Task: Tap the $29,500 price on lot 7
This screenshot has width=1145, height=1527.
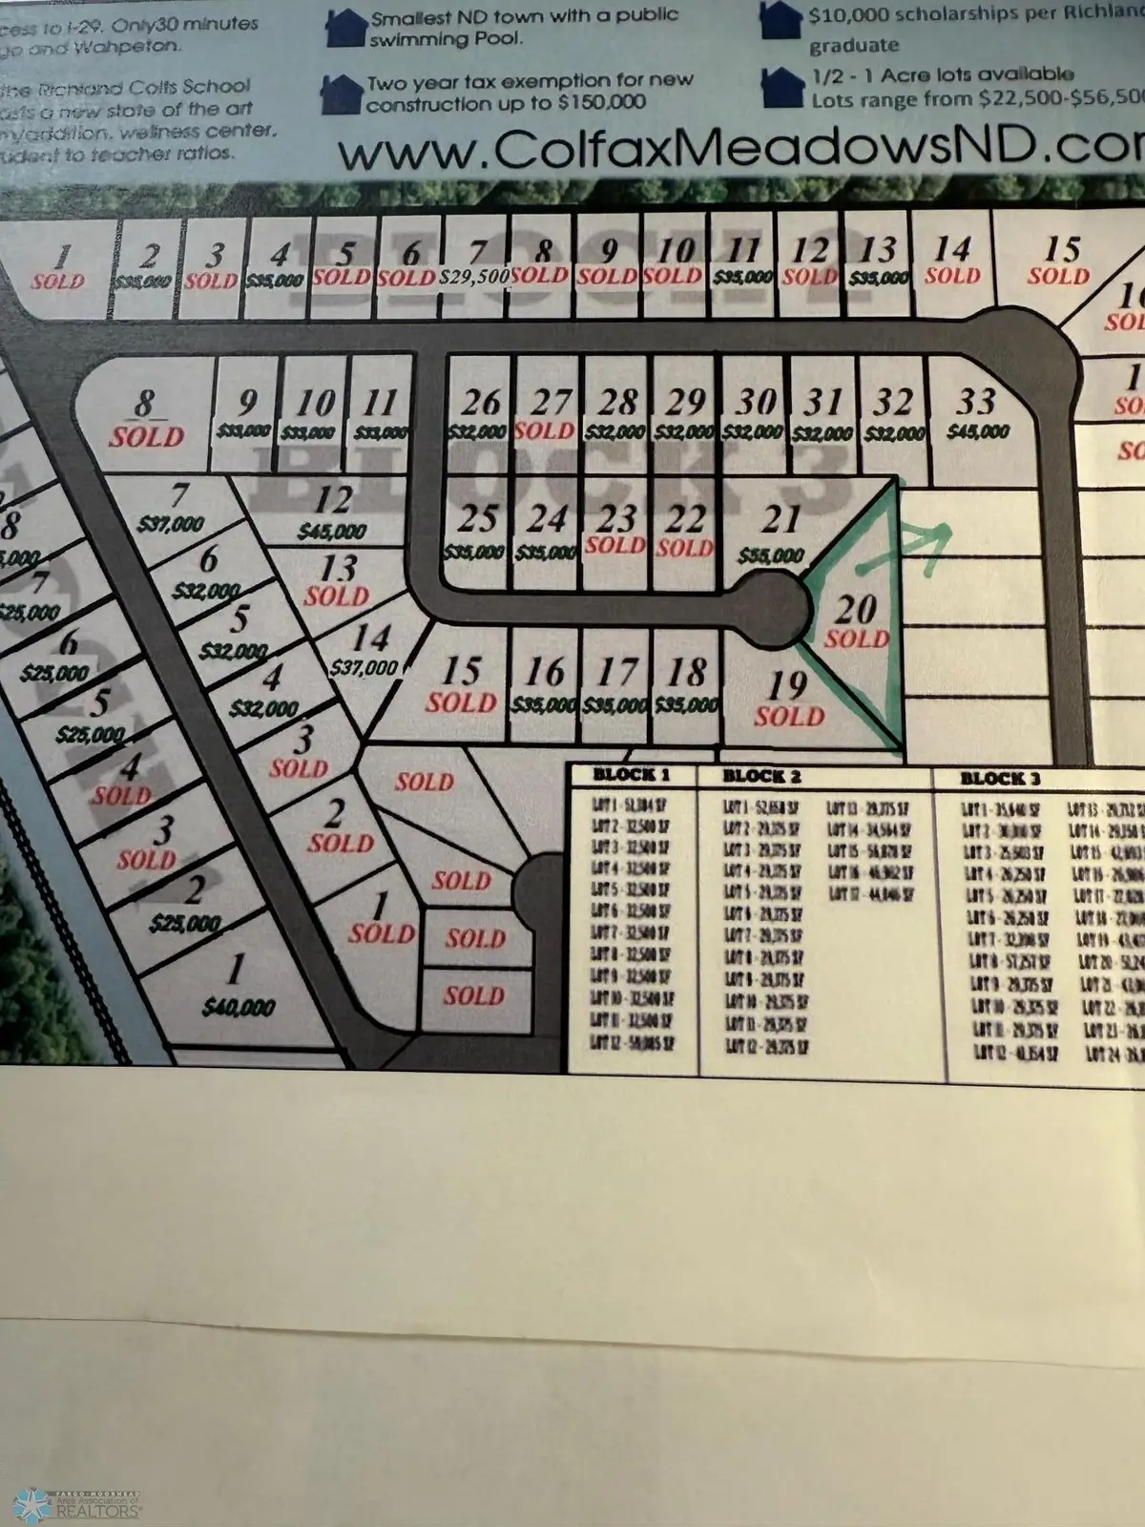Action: tap(474, 277)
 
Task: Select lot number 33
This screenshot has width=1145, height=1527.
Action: tap(975, 400)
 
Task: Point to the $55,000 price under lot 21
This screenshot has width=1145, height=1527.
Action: tap(771, 555)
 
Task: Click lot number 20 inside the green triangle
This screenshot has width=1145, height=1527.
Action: tap(855, 608)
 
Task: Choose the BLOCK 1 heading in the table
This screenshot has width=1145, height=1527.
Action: tap(632, 774)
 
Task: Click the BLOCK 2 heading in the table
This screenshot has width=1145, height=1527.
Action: tap(761, 776)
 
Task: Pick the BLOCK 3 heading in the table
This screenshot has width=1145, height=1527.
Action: tap(1000, 778)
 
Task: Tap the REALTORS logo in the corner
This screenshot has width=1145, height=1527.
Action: tap(81, 1503)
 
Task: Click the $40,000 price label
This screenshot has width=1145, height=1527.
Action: tap(239, 1007)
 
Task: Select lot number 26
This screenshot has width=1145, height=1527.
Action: tap(481, 402)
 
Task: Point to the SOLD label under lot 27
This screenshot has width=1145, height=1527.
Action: tap(544, 430)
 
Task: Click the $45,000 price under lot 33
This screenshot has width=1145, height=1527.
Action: tap(977, 431)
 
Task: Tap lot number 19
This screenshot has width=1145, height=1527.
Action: tap(787, 684)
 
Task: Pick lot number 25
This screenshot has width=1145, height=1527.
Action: tap(477, 518)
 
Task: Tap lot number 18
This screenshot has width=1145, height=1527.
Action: tap(687, 673)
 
